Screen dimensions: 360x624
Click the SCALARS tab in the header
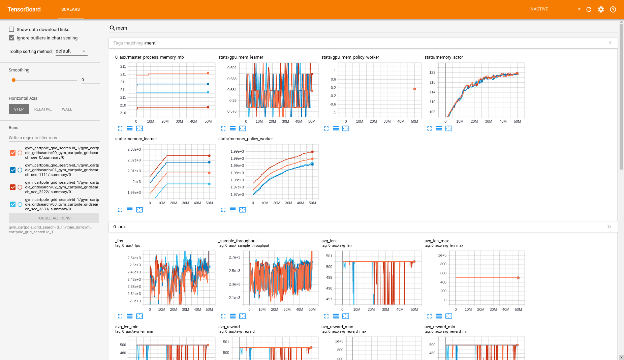point(70,9)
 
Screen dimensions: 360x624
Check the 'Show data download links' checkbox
point(11,29)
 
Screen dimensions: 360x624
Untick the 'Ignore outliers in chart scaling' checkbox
point(11,38)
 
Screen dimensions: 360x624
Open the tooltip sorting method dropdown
point(71,51)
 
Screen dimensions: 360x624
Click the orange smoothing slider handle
point(13,80)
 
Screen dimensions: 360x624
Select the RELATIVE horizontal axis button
point(43,109)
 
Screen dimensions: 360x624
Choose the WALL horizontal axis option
point(67,109)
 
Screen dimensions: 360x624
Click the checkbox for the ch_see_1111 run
point(13,170)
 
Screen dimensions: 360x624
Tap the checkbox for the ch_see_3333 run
point(13,204)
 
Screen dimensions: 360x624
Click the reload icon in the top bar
point(589,9)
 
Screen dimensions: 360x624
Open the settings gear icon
point(601,9)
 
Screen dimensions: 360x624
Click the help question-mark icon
point(613,9)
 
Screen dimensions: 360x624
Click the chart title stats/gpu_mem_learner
point(241,57)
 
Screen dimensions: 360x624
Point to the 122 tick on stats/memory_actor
point(432,72)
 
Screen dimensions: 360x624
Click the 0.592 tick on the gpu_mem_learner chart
point(232,68)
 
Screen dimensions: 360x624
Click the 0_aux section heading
point(120,227)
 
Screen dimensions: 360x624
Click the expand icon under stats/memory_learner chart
point(120,210)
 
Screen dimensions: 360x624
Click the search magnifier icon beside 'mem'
point(113,28)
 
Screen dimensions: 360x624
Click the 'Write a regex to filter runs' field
point(54,138)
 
